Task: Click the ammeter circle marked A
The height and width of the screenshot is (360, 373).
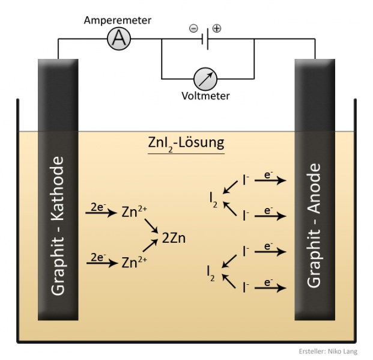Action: (119, 39)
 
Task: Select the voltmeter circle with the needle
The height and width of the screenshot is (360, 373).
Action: (205, 78)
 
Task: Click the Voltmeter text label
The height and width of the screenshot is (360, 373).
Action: (205, 96)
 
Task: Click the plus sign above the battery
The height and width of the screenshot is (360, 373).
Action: (217, 28)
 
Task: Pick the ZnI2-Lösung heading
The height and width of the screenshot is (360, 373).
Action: (186, 144)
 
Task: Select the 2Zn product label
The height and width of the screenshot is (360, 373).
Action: (174, 237)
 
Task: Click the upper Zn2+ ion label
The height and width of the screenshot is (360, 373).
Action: (135, 212)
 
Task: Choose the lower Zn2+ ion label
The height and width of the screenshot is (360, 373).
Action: (135, 263)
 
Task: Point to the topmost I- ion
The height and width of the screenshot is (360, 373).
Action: (245, 179)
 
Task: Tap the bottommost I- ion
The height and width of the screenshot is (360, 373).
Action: (245, 288)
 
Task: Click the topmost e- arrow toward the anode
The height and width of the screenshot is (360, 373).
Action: (270, 179)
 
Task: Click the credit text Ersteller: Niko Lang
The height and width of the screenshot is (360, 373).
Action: (327, 352)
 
